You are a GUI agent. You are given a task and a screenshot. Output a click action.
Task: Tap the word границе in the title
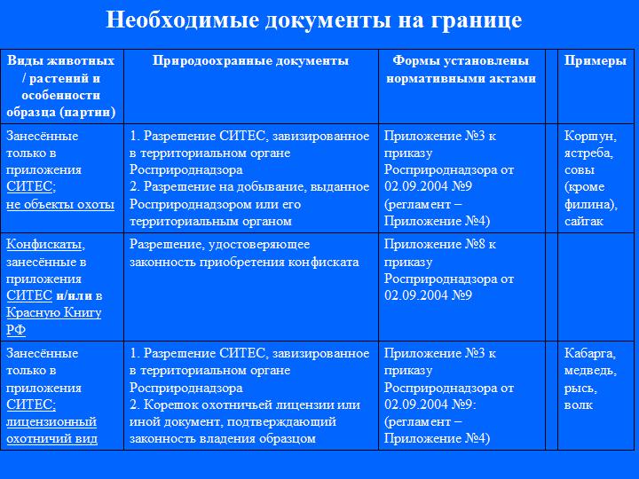[473, 20]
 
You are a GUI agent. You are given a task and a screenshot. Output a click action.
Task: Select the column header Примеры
[589, 61]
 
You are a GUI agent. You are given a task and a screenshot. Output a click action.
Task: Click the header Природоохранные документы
[251, 61]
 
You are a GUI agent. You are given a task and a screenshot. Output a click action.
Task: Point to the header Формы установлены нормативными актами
[461, 69]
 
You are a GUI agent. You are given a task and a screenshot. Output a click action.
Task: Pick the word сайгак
[585, 221]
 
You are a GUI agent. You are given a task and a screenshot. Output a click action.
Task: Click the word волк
[578, 404]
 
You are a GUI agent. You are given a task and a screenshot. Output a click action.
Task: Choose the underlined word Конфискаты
[45, 244]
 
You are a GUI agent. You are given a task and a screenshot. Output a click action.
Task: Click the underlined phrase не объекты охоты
[60, 204]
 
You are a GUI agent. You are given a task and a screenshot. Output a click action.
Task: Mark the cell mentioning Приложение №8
[461, 270]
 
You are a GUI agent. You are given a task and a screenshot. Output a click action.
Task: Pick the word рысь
[580, 388]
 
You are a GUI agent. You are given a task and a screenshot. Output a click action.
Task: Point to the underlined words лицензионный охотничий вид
[51, 430]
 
